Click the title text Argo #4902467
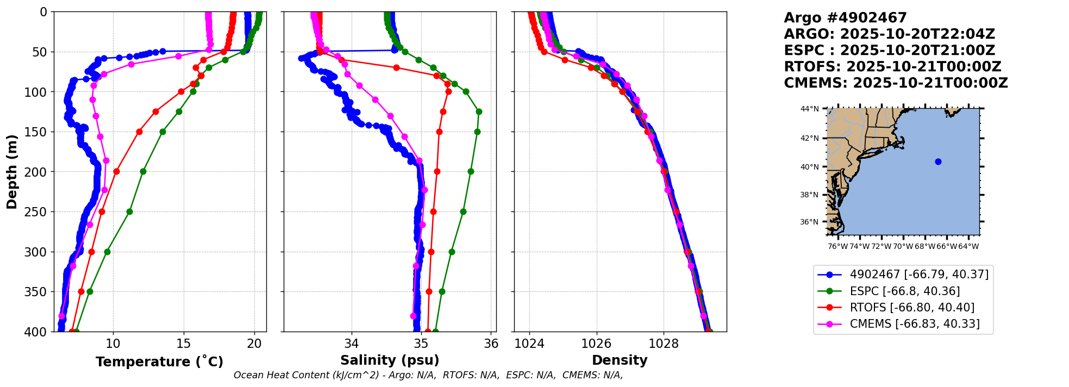point(845,18)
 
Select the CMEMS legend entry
point(915,324)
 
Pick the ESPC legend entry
point(904,291)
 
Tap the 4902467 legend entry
point(919,274)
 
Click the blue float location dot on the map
point(938,161)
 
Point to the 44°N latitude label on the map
point(809,109)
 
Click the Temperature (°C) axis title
point(159,362)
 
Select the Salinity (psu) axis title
point(390,360)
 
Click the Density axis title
point(620,360)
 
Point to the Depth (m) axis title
point(12,172)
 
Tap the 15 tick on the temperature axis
point(184,344)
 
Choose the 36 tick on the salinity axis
point(491,344)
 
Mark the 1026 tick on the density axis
point(597,344)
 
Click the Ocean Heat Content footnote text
point(428,375)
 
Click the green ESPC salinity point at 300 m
point(452,252)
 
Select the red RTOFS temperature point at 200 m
point(116,171)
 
